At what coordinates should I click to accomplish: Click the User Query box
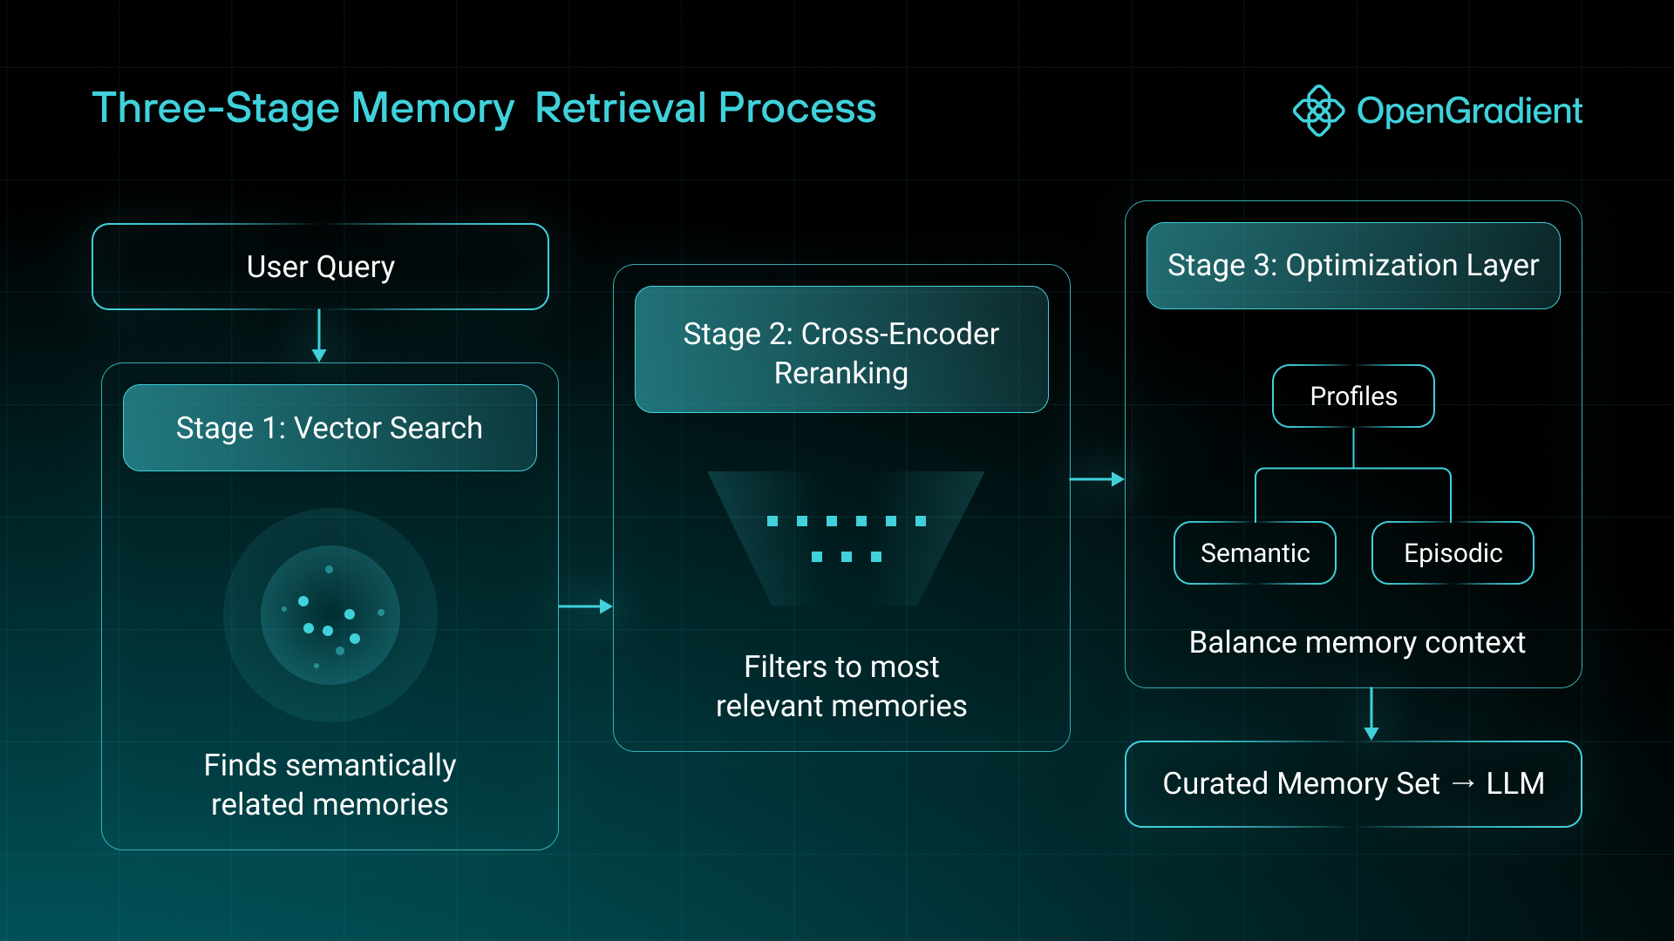(320, 267)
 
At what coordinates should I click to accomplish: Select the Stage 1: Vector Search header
(330, 428)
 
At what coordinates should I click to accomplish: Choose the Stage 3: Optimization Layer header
(1353, 266)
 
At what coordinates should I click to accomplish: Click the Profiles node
(1353, 396)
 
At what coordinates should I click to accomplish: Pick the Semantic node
(1255, 553)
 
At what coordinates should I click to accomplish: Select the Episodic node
(1453, 553)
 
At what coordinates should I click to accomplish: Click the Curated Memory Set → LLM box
(1353, 784)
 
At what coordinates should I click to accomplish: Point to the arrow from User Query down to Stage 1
(319, 336)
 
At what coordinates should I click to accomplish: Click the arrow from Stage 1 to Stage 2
(585, 606)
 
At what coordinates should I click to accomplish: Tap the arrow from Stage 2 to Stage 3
(1097, 479)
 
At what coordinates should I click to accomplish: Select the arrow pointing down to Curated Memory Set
(1371, 714)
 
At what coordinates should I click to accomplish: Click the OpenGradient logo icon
(1318, 111)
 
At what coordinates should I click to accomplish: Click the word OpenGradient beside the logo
(1469, 111)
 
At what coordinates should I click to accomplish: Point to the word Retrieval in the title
(620, 108)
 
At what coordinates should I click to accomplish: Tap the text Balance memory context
(1357, 643)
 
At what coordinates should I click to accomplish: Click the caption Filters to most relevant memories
(841, 687)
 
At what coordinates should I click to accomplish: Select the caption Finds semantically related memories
(330, 784)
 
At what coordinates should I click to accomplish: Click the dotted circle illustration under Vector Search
(330, 615)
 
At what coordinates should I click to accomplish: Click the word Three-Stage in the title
(215, 108)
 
